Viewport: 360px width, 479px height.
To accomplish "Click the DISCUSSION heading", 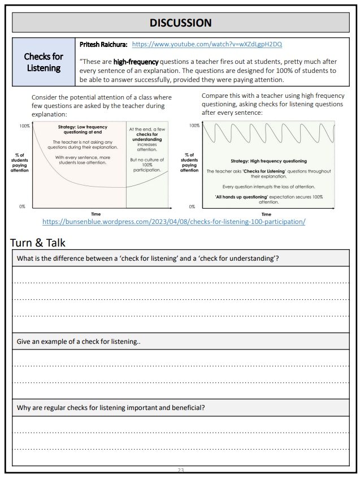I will pyautogui.click(x=180, y=23).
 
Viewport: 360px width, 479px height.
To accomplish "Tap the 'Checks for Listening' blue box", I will pyautogui.click(x=44, y=62).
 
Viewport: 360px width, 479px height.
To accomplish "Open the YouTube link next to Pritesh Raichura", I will pyautogui.click(x=206, y=44).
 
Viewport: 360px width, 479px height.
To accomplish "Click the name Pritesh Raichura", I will pyautogui.click(x=103, y=44).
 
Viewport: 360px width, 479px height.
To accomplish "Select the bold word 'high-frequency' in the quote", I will pyautogui.click(x=136, y=61).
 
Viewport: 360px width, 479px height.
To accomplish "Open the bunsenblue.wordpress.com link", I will pyautogui.click(x=174, y=221).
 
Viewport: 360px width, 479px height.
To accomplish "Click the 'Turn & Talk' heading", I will pyautogui.click(x=38, y=243).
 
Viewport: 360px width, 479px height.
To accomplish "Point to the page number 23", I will pyautogui.click(x=181, y=470).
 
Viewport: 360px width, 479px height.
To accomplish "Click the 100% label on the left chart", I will pyautogui.click(x=24, y=126).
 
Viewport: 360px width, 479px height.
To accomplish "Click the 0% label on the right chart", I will pyautogui.click(x=192, y=206).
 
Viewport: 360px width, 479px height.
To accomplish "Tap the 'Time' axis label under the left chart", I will pyautogui.click(x=96, y=214).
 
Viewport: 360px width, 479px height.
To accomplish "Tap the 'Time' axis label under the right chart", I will pyautogui.click(x=266, y=214).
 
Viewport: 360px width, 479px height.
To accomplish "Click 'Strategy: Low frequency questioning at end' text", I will pyautogui.click(x=83, y=130).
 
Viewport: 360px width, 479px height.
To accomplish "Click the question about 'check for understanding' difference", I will pyautogui.click(x=148, y=258).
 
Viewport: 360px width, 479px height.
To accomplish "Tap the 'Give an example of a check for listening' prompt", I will pyautogui.click(x=78, y=342).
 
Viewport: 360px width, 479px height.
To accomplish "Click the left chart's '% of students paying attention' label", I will pyautogui.click(x=19, y=162).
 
